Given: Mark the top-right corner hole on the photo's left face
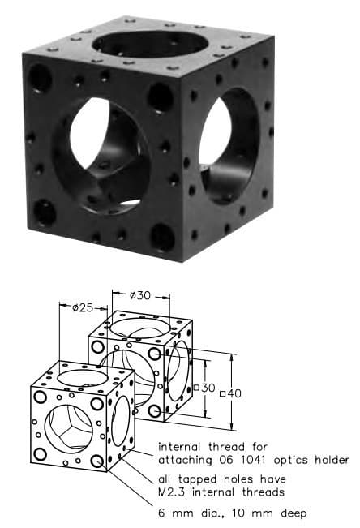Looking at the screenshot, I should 160,97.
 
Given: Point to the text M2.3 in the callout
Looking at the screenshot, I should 174,492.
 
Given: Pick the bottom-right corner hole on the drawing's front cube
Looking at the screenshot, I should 98,461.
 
